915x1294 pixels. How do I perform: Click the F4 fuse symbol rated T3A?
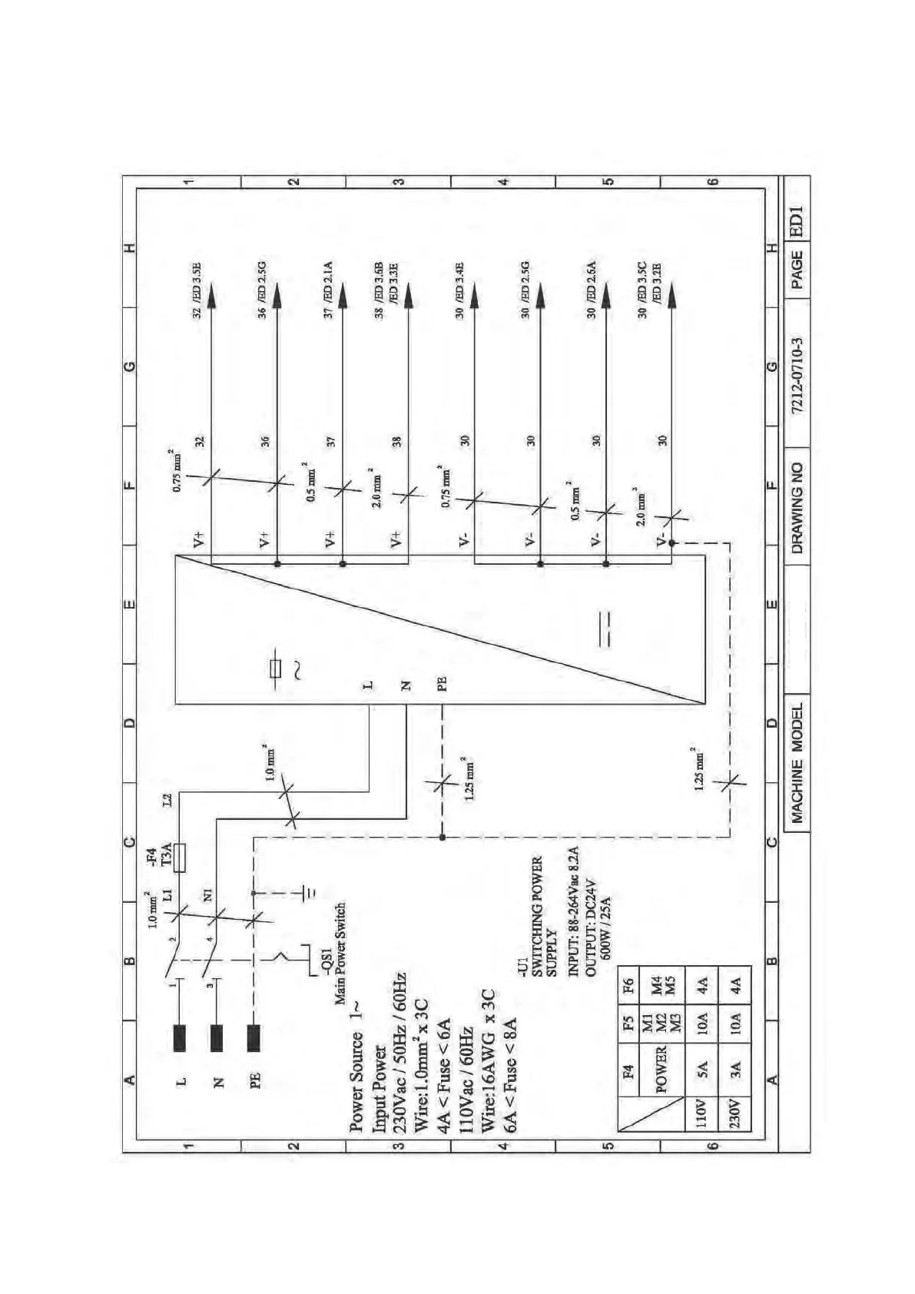[x=179, y=858]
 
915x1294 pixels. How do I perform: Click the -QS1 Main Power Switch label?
[x=333, y=953]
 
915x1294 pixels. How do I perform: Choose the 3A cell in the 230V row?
[x=734, y=1070]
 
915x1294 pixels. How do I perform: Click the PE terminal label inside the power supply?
[x=442, y=684]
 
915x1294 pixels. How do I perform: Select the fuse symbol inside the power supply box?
[x=276, y=669]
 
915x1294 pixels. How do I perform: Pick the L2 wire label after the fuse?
[x=167, y=801]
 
